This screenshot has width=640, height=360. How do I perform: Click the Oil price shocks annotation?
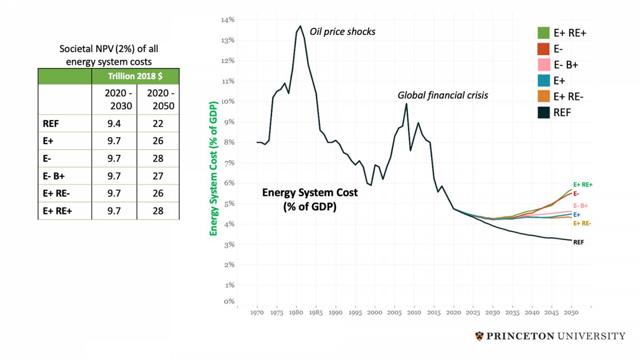[x=342, y=32]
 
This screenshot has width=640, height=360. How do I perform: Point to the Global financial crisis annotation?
[x=443, y=96]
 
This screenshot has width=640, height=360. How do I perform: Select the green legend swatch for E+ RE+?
[x=544, y=33]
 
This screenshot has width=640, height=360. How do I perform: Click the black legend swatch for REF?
[x=544, y=113]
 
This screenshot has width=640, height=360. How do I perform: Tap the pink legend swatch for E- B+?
[x=544, y=65]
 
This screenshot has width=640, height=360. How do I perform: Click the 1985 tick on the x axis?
[x=316, y=313]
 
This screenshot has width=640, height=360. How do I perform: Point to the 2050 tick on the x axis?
[x=571, y=313]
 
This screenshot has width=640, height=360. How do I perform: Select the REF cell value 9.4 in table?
[x=114, y=124]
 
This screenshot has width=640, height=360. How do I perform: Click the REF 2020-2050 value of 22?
[x=158, y=124]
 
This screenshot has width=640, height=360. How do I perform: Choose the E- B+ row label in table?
[x=54, y=176]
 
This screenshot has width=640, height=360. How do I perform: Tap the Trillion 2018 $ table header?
[x=135, y=76]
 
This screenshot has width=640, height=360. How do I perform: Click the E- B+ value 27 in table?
[x=158, y=176]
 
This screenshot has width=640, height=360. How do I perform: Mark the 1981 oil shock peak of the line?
[x=300, y=26]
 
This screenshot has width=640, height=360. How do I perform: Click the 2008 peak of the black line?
[x=406, y=104]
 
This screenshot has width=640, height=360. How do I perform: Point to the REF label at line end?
[x=578, y=242]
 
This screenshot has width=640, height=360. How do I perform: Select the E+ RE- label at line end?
[x=582, y=224]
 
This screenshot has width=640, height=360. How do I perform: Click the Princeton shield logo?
[x=479, y=336]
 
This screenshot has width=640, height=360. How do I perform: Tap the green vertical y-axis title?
[x=213, y=169]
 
